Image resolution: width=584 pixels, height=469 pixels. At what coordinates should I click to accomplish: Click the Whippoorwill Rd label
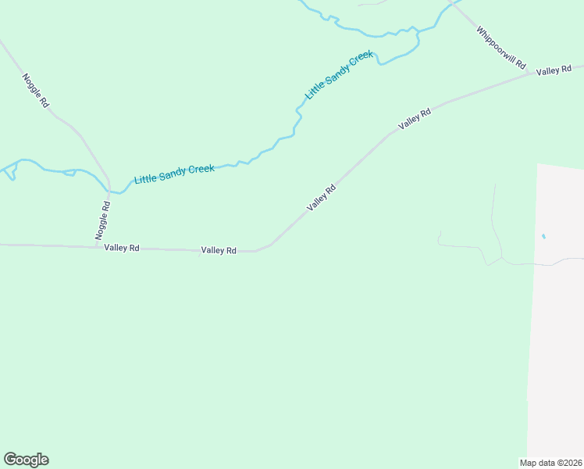(501, 48)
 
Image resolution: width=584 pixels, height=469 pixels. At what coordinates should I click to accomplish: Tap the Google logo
(26, 460)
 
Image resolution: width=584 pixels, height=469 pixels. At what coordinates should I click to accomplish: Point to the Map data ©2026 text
(551, 462)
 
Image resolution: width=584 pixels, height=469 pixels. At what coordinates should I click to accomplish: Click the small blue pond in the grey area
(543, 236)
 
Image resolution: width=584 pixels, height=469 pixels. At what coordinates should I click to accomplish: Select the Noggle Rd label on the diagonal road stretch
(36, 90)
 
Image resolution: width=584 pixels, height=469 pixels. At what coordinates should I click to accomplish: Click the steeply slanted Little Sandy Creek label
(339, 76)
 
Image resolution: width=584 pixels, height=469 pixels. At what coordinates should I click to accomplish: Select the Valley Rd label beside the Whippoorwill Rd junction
(554, 71)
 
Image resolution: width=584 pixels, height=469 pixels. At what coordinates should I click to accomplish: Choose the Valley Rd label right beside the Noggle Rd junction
(121, 248)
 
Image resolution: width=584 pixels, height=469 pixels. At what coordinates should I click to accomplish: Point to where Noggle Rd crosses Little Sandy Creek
(109, 188)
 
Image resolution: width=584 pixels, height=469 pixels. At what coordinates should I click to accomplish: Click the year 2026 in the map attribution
(572, 462)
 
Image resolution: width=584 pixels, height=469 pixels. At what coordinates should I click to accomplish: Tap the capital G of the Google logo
(10, 460)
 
